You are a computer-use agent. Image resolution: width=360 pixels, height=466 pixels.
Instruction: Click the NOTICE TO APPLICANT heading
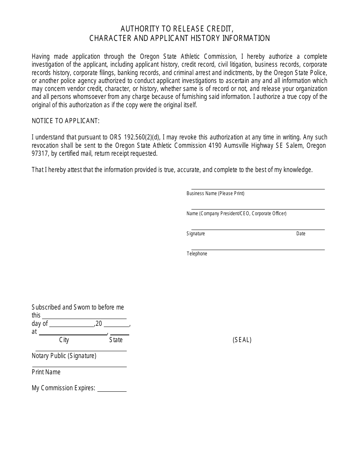66,121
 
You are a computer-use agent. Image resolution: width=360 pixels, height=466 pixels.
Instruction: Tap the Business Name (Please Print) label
215,194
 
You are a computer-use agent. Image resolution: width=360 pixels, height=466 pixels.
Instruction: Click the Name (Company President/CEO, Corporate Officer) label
236,214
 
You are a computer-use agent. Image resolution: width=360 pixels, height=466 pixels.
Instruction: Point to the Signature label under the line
196,234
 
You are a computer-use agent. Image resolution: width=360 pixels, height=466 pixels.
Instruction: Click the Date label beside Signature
301,234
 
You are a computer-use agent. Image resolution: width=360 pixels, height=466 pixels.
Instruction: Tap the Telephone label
197,254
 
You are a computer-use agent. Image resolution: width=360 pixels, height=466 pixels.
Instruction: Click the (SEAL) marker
242,340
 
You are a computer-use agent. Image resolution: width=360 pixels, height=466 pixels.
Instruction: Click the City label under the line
64,340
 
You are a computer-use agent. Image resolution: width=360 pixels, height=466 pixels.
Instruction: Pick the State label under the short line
116,340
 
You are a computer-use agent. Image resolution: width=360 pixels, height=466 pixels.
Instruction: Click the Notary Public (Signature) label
64,356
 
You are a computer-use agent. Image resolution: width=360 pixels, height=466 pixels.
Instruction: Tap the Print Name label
46,372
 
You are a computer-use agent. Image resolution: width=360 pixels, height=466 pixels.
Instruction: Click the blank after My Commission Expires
112,390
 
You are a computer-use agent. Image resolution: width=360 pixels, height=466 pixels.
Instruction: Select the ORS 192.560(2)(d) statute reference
135,137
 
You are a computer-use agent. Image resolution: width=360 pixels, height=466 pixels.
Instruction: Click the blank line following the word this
84,317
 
